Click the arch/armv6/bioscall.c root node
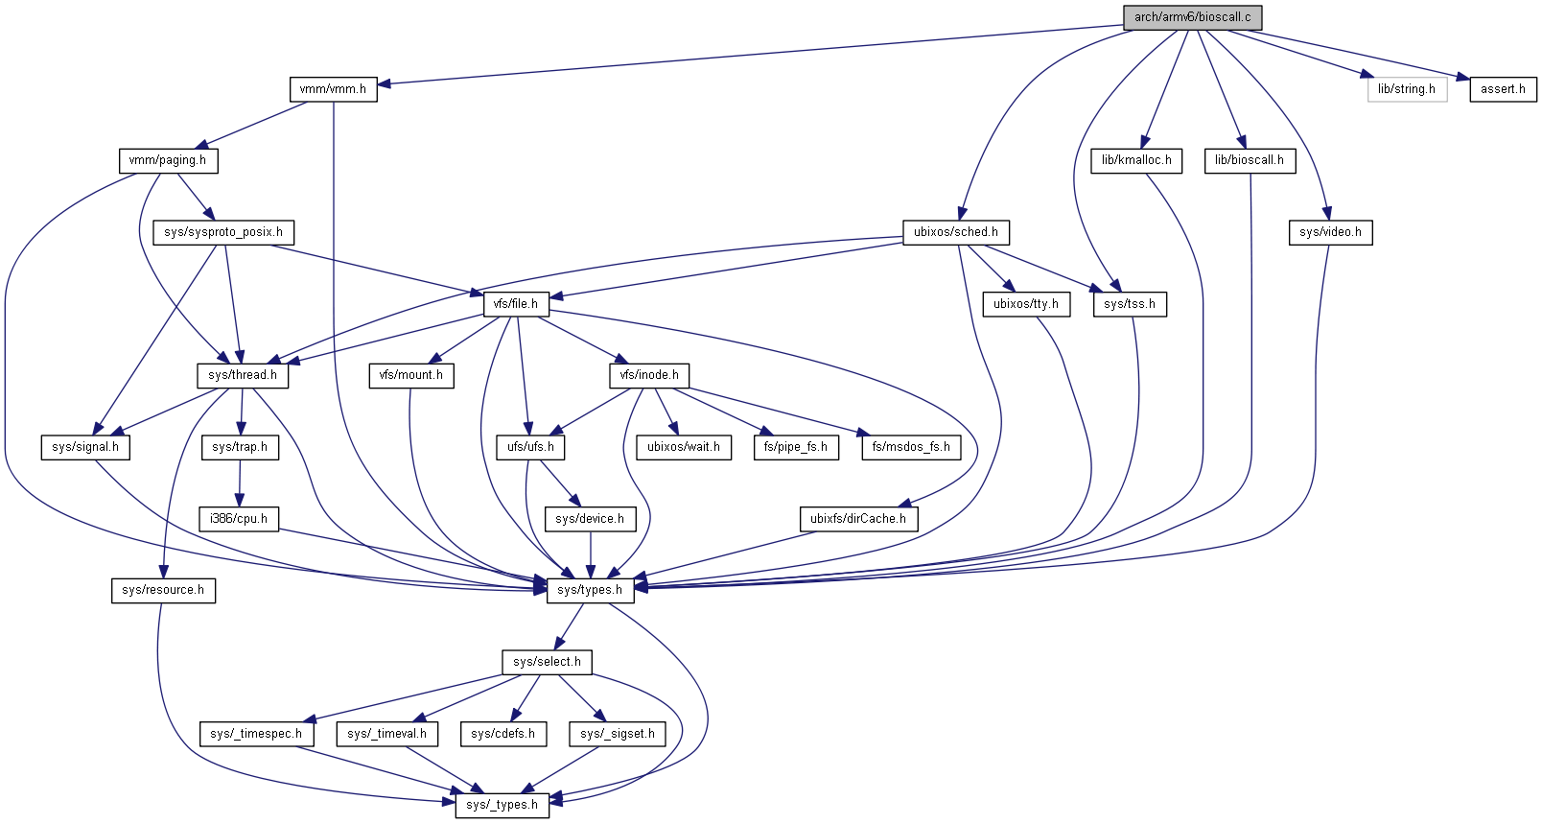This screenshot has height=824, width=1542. pos(1192,17)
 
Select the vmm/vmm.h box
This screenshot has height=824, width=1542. pos(333,89)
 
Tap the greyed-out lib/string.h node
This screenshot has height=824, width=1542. pos(1407,89)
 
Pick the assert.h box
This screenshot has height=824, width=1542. pos(1503,89)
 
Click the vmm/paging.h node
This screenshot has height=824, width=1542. pos(168,160)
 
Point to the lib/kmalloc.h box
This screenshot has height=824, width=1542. pos(1136,160)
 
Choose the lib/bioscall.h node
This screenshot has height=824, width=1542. pos(1250,160)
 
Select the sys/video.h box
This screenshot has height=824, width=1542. pos(1330,232)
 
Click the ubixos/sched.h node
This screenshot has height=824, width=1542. pos(955,232)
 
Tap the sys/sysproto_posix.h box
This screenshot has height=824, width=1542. pos(223,232)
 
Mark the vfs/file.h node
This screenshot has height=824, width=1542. pos(516,304)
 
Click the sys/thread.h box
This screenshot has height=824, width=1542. pos(243,375)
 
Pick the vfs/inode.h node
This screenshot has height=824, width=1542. pos(649,375)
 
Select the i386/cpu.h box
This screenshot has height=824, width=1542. pos(239,519)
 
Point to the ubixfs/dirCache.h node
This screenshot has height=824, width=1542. pos(858,519)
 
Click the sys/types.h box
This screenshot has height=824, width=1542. pos(591,590)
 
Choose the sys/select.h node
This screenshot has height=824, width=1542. pos(547,662)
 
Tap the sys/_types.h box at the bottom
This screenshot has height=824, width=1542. pos(502,805)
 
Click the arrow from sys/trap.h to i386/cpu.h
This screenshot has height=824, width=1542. pos(240,483)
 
